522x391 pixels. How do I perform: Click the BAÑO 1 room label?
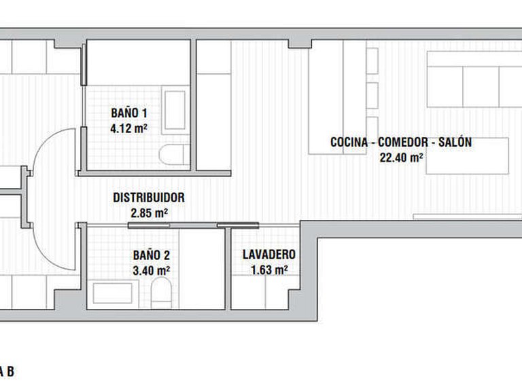129,113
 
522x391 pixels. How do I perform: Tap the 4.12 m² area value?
129,128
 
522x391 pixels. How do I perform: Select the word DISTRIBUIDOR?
149,198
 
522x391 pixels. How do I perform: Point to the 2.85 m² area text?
149,212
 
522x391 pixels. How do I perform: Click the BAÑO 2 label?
152,255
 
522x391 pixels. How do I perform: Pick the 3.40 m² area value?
152,270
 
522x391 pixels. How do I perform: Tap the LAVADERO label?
269,255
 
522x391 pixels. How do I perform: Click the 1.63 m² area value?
269,270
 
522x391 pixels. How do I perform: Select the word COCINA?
349,143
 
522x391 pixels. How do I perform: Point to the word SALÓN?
455,142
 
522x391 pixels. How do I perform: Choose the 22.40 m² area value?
402,157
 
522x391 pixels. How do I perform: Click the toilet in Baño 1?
174,155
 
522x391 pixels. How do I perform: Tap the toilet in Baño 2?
162,293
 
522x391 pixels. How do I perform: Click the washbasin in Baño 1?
175,110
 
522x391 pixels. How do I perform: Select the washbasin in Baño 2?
113,293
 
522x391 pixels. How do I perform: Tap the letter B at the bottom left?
11,372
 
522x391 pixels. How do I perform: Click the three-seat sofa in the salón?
474,79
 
